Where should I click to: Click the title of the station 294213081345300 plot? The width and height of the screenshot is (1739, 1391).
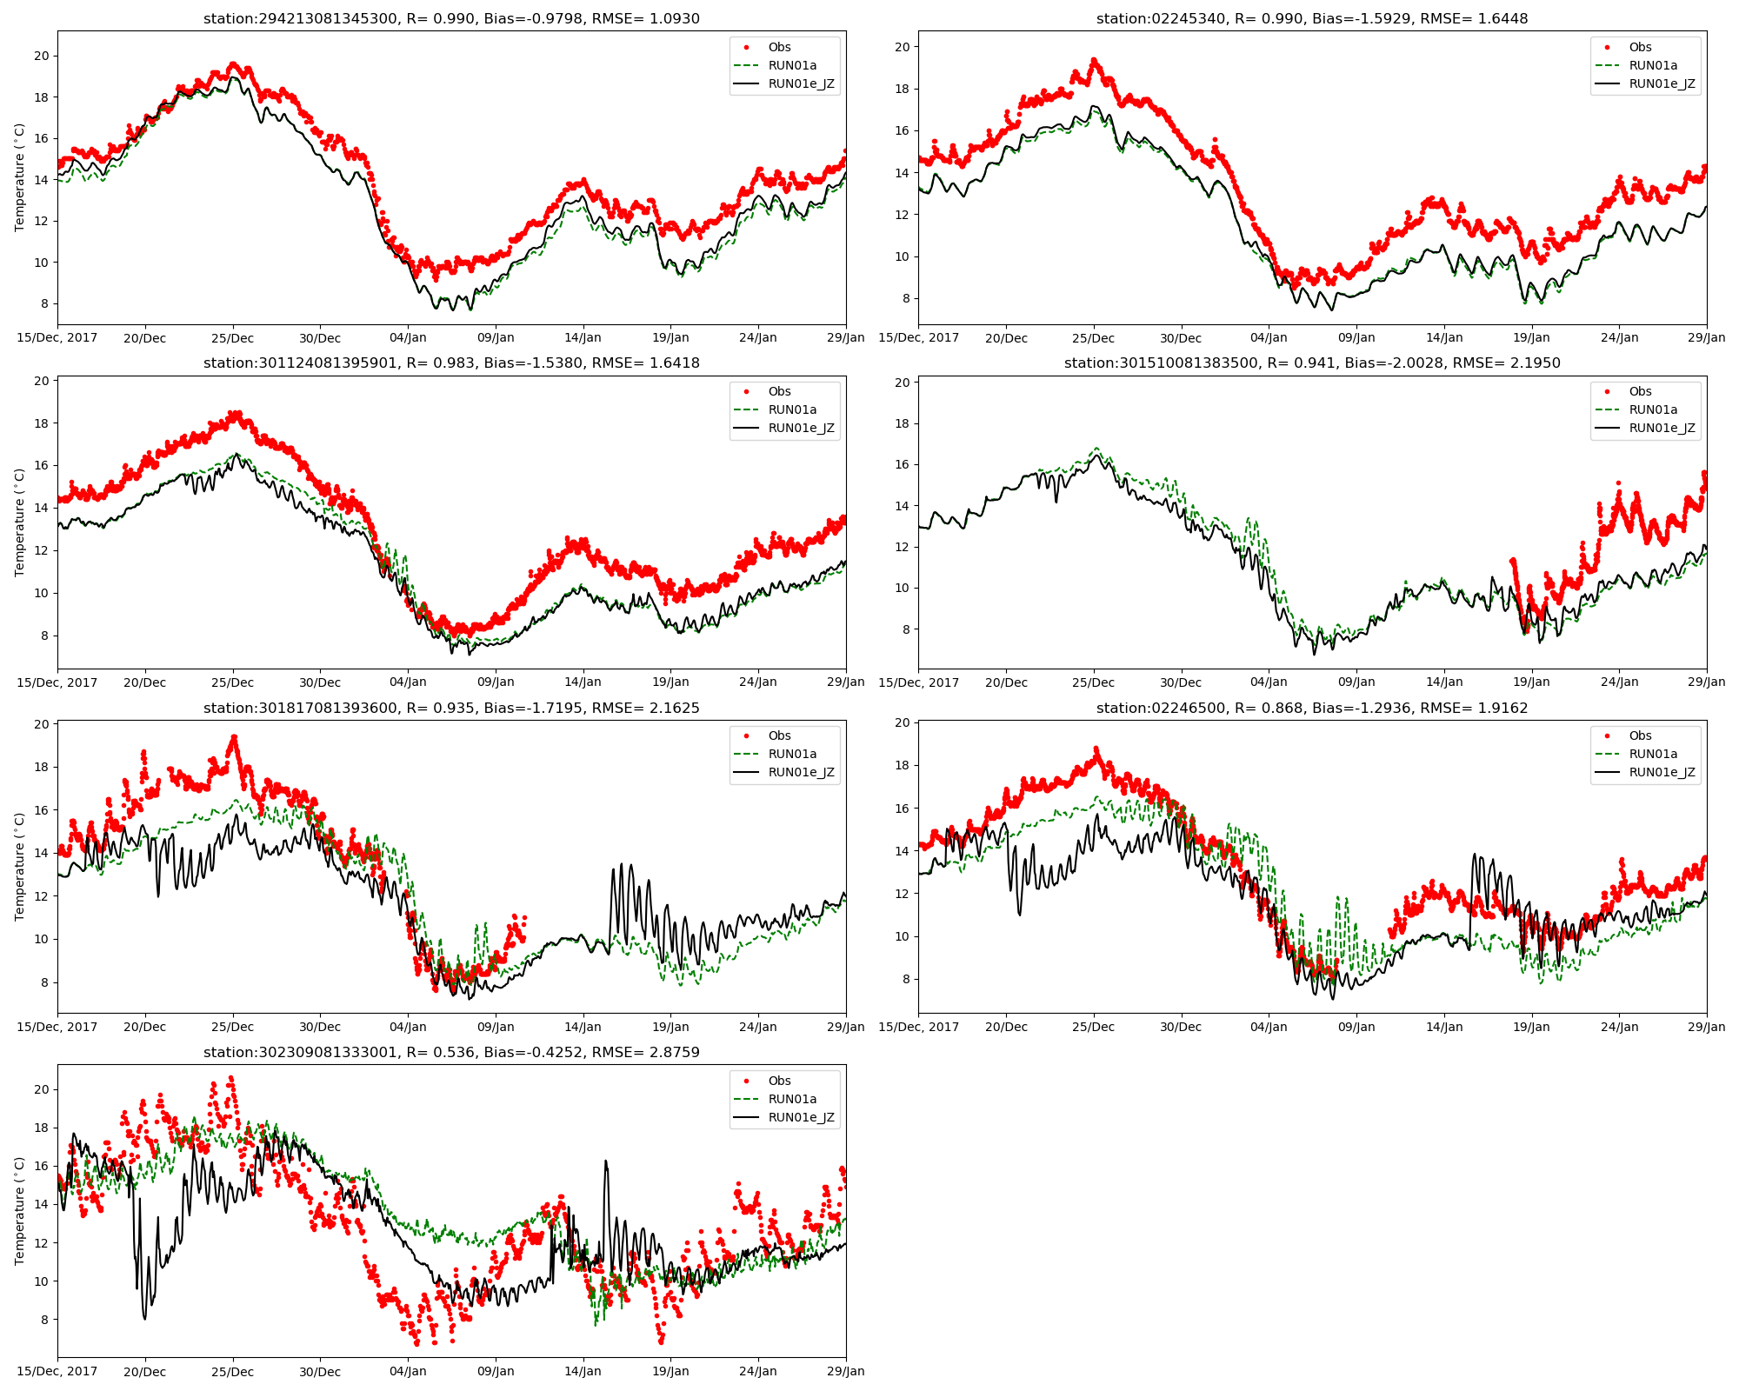pos(451,18)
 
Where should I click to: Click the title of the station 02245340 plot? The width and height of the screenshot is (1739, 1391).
pos(1312,18)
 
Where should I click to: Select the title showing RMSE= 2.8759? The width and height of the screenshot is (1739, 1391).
pos(451,1052)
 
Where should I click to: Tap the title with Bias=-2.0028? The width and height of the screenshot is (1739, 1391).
pos(1312,363)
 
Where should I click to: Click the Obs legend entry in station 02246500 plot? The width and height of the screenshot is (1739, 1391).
pos(1640,735)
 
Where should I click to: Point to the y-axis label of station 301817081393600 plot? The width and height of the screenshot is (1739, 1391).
pos(20,867)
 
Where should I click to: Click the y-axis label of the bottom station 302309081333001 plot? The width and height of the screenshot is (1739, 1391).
pos(20,1210)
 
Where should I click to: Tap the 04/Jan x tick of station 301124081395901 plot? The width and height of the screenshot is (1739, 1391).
pos(408,682)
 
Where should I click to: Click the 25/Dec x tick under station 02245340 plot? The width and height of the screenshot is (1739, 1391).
pos(1093,338)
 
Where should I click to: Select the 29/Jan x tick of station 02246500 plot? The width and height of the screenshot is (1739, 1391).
pos(1706,1027)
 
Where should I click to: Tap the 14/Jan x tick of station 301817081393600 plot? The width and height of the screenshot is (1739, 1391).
pos(583,1027)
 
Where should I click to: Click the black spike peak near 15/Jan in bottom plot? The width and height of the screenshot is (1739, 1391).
pos(605,1161)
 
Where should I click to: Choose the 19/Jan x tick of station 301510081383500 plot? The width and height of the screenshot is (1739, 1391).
pos(1531,682)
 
